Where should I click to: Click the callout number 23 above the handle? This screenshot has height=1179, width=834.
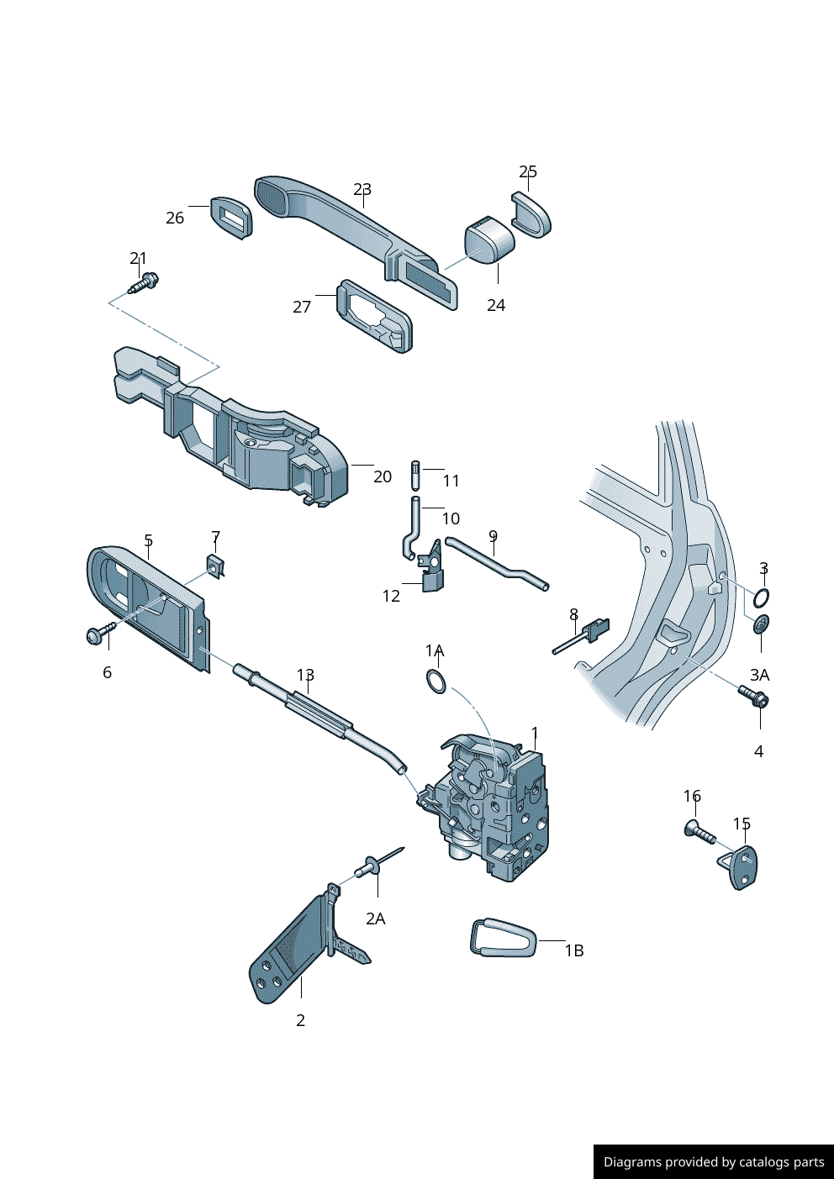(x=362, y=189)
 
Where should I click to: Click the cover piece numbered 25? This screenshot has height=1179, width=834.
(x=531, y=214)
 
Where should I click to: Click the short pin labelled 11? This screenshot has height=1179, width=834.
(x=415, y=474)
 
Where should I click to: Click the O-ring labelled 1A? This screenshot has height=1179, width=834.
(x=436, y=681)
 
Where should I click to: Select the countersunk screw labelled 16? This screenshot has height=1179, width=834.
(x=698, y=832)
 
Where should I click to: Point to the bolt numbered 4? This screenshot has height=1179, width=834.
(x=754, y=697)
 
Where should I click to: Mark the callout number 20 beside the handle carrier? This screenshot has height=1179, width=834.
(x=383, y=476)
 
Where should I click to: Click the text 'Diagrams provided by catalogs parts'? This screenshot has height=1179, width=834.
(x=714, y=1162)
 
